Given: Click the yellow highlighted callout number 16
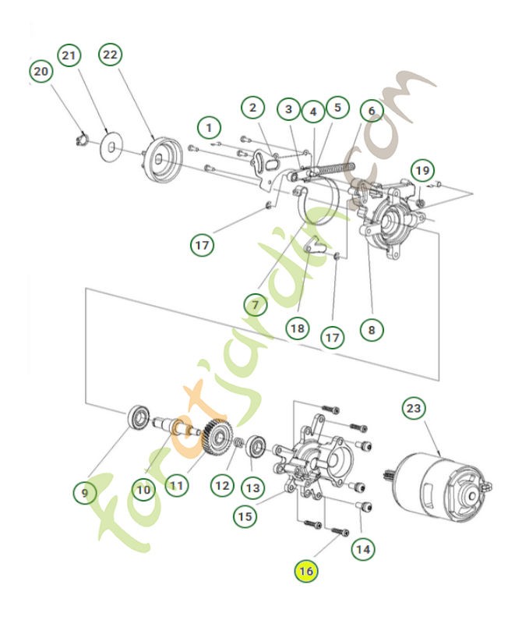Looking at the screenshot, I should click(305, 572).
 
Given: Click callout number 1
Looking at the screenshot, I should click(208, 126).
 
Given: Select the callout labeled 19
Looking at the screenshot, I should click(421, 170).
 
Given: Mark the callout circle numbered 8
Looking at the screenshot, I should click(372, 329).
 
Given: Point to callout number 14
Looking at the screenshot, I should click(362, 549).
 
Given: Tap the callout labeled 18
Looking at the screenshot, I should click(297, 328).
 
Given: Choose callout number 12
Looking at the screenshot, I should click(222, 485).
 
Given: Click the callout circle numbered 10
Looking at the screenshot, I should click(143, 490).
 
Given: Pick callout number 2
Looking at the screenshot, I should click(252, 108).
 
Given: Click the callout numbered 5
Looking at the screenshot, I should click(337, 108).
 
